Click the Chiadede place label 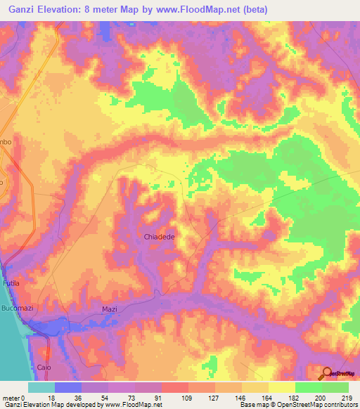(159, 237)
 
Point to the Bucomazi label (18, 309)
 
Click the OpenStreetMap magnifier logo (328, 373)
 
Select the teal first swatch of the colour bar (41, 387)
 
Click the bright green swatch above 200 (307, 387)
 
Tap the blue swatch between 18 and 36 (67, 387)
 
